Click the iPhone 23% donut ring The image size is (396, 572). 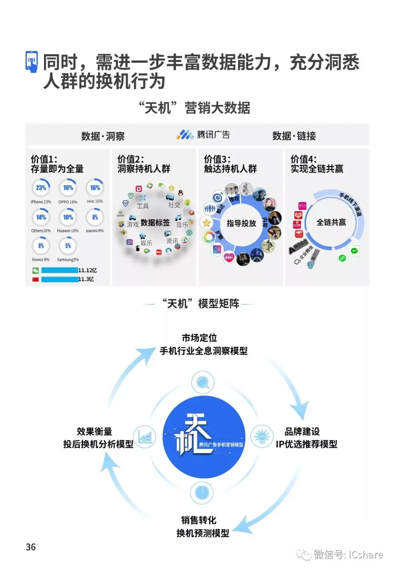(41, 188)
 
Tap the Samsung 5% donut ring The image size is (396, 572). (68, 246)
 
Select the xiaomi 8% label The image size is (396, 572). (95, 231)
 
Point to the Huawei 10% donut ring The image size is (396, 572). (68, 217)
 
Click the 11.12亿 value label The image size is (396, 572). (88, 270)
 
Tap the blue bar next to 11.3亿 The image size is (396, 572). (59, 279)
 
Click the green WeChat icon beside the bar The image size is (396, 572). (36, 271)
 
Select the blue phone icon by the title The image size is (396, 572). (32, 62)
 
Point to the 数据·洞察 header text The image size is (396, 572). (103, 136)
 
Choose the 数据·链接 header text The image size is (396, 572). (294, 136)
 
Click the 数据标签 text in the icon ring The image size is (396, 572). (155, 223)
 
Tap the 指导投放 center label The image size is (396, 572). (241, 223)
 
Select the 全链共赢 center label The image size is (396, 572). (331, 222)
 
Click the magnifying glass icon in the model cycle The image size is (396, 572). (202, 382)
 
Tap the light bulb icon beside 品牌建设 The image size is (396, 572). (261, 436)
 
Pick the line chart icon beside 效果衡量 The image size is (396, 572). (145, 436)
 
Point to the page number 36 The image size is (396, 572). (31, 547)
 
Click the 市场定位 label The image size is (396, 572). (199, 338)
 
